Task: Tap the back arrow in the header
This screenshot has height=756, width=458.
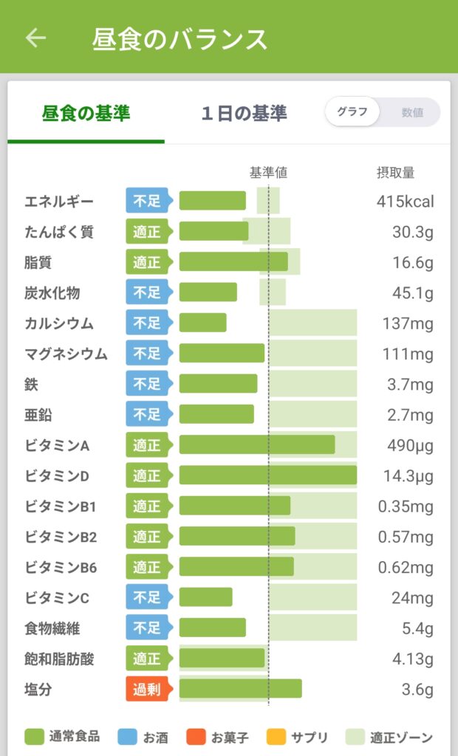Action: [x=35, y=38]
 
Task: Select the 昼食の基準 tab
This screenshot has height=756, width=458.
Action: [x=86, y=113]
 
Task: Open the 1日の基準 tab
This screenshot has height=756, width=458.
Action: [x=245, y=113]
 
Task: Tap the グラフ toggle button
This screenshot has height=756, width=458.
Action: [x=352, y=112]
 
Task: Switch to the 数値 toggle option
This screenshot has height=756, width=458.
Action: [x=412, y=112]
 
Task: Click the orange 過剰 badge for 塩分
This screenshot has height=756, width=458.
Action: [x=148, y=689]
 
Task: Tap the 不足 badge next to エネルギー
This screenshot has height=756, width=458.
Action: [x=148, y=201]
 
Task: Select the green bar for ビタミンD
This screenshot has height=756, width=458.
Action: [x=268, y=475]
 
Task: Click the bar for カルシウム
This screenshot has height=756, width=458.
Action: [x=202, y=323]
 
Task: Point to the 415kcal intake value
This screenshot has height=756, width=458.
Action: [x=406, y=201]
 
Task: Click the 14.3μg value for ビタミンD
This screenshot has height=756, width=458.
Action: [x=409, y=476]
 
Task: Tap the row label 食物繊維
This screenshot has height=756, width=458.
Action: [x=52, y=628]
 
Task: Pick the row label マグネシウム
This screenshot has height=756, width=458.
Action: [x=66, y=354]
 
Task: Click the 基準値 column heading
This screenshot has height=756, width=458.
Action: [x=268, y=172]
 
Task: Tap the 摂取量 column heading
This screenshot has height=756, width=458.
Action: [x=396, y=172]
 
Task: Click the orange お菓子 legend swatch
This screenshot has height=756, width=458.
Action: [x=196, y=737]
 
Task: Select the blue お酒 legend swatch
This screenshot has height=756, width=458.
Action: [x=127, y=737]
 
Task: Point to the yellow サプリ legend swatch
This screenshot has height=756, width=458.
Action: [x=276, y=737]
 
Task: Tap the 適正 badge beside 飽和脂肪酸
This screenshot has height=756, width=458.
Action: [x=148, y=659]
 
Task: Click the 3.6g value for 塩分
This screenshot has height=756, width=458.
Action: [x=417, y=690]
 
